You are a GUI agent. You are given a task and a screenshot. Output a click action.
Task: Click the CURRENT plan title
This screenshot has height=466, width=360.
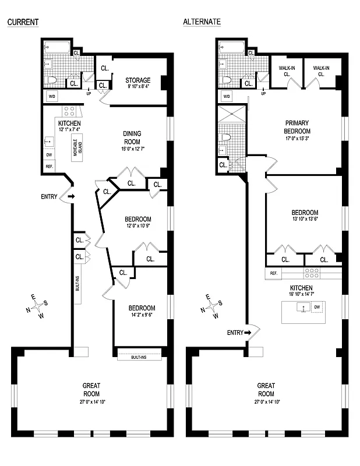click(23, 22)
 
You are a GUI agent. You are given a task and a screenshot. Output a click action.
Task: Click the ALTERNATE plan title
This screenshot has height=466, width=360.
click(202, 22)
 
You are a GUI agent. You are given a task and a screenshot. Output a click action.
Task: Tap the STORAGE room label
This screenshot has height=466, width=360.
click(138, 80)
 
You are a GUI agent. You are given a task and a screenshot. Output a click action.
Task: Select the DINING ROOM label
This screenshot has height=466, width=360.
click(132, 137)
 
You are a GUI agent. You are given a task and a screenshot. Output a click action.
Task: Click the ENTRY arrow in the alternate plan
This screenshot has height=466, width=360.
click(247, 333)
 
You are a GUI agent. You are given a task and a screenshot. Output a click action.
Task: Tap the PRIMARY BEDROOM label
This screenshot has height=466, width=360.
click(297, 127)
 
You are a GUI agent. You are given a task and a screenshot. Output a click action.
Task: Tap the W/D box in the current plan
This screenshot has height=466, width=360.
click(51, 97)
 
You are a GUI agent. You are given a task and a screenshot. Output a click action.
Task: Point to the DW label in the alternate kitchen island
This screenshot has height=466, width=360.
click(317, 306)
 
